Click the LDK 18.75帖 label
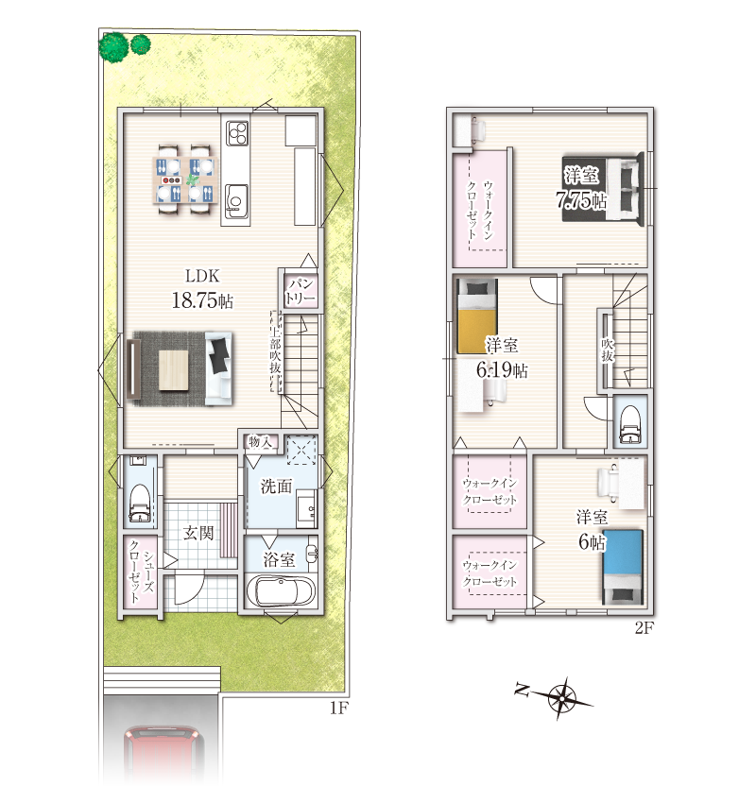pyautogui.click(x=202, y=288)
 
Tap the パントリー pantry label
pyautogui.click(x=301, y=291)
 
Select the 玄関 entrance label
pyautogui.click(x=198, y=533)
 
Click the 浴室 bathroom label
pyautogui.click(x=279, y=559)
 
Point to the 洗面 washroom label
pyautogui.click(x=276, y=486)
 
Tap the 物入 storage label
pyautogui.click(x=260, y=441)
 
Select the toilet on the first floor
pyautogui.click(x=139, y=503)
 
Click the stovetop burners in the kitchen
pyautogui.click(x=237, y=132)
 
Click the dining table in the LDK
pyautogui.click(x=185, y=179)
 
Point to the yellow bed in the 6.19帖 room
pyautogui.click(x=477, y=316)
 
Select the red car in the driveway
pyautogui.click(x=163, y=757)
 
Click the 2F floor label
pyautogui.click(x=644, y=628)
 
